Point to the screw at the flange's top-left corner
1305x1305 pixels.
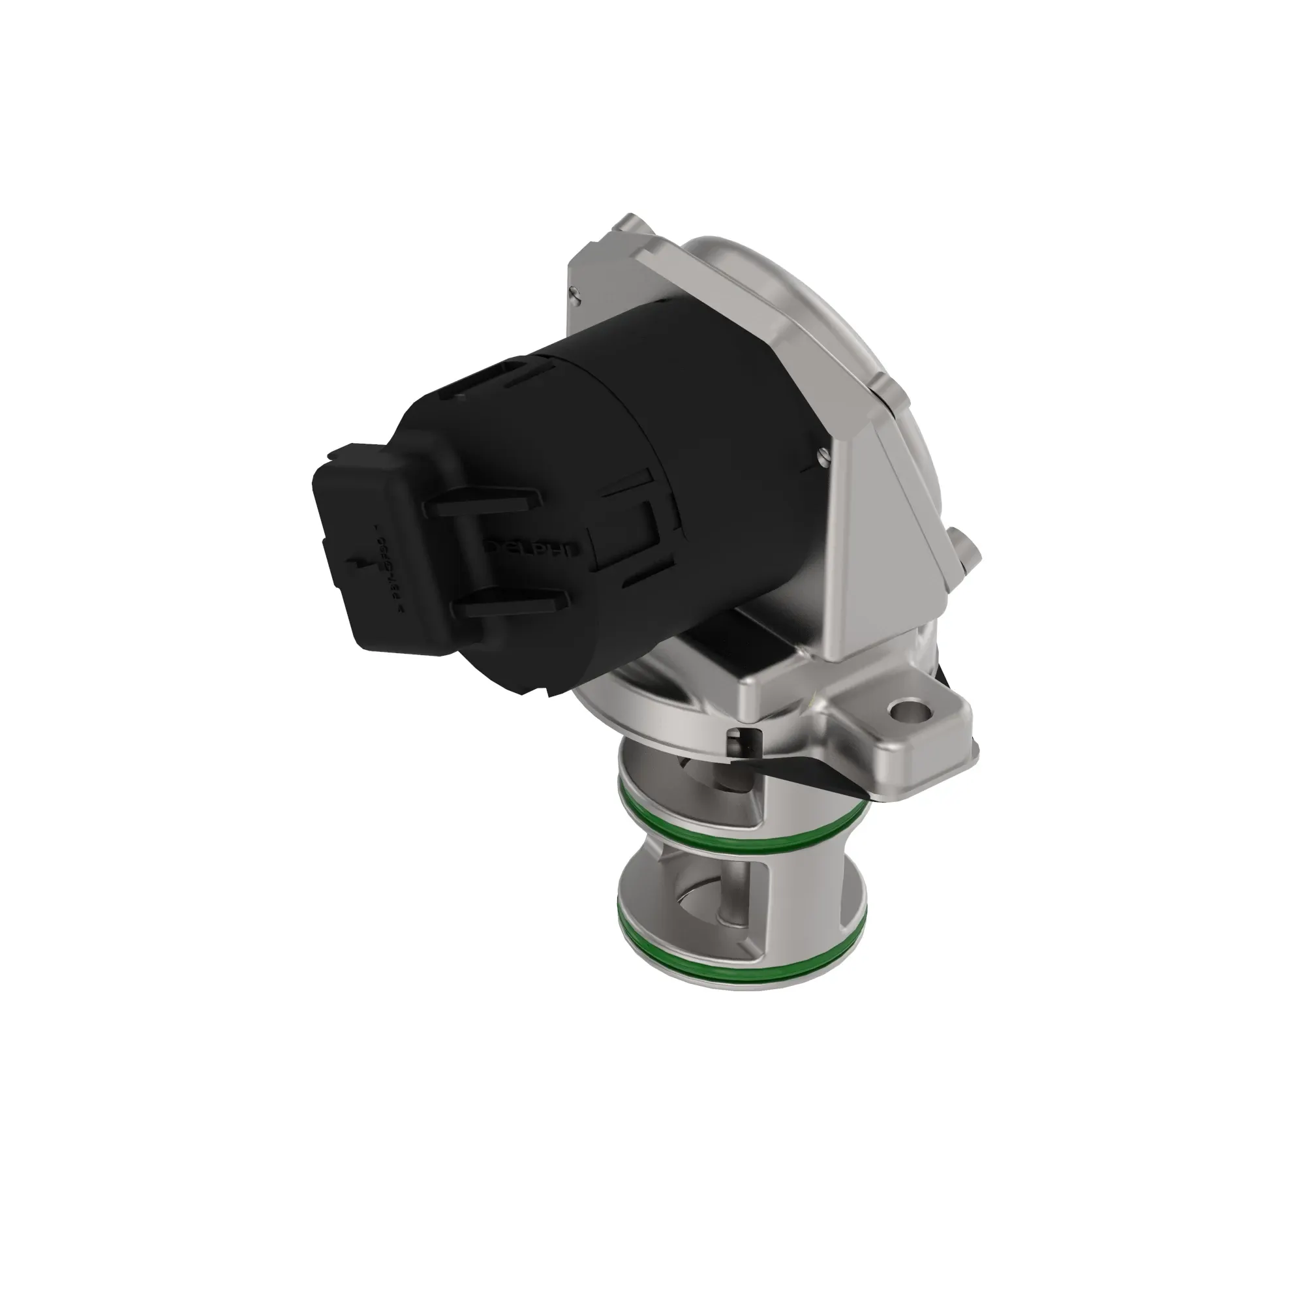point(575,292)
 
